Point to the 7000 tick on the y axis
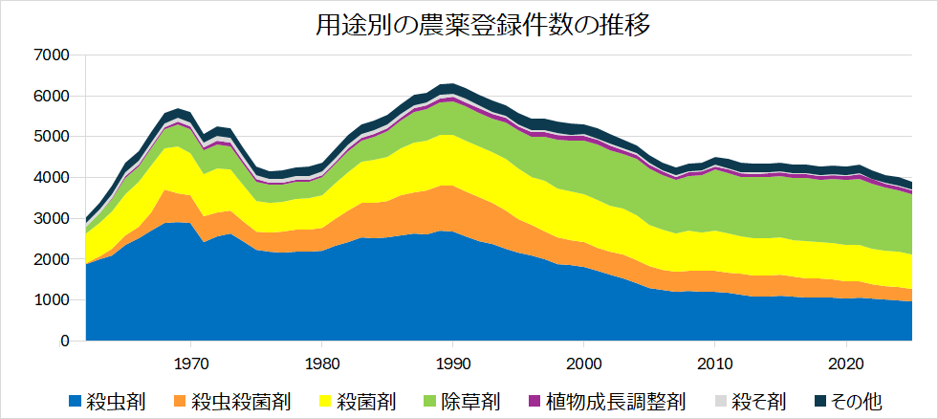52,55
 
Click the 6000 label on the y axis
52,97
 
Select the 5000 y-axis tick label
52,137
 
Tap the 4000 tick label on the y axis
52,178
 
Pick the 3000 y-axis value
52,219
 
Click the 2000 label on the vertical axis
52,259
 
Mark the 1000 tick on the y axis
52,300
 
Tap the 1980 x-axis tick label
322,364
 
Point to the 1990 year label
453,364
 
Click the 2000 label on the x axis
584,364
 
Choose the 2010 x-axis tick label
715,364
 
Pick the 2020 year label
846,364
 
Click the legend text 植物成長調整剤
616,400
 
